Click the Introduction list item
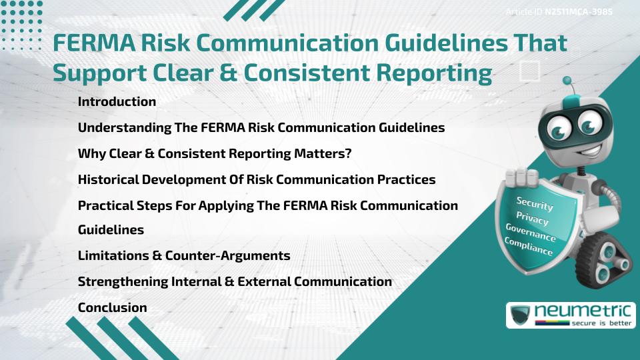(117, 102)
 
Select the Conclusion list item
(112, 307)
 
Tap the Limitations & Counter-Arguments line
(183, 256)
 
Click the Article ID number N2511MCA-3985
(579, 11)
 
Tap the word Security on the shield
(535, 204)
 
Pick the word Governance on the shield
(531, 233)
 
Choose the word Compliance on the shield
(529, 247)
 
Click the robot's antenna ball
(568, 81)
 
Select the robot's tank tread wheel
(608, 257)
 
